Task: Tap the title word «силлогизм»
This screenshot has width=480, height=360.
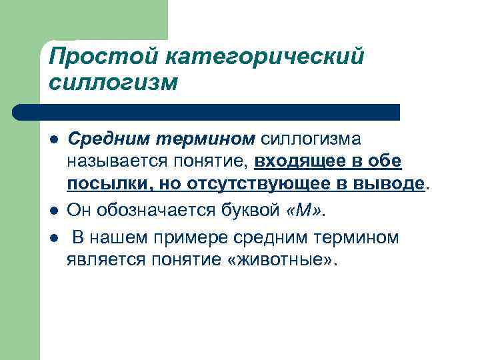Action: [113, 83]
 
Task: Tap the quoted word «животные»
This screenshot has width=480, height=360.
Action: [287, 258]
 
